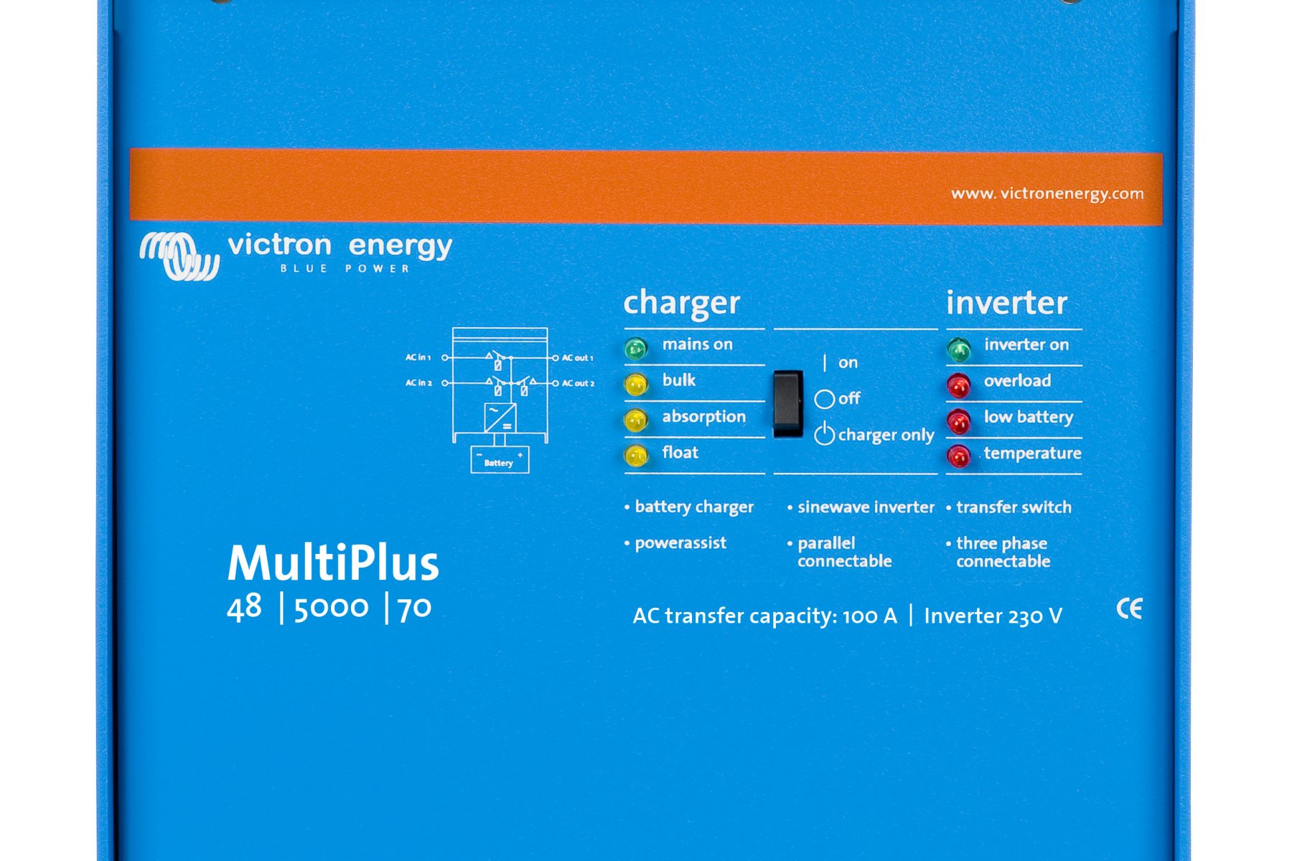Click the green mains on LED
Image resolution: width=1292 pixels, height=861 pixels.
pyautogui.click(x=636, y=349)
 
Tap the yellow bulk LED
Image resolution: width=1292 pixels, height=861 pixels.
pyautogui.click(x=636, y=385)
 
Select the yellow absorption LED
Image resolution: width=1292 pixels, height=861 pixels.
pyautogui.click(x=636, y=420)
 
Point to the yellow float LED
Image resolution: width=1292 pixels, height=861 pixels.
pyautogui.click(x=636, y=456)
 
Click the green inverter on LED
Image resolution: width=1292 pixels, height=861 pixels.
pyautogui.click(x=959, y=349)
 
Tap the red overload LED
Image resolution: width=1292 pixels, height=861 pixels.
pyautogui.click(x=959, y=385)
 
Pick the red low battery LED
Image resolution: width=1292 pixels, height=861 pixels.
pyautogui.click(x=959, y=421)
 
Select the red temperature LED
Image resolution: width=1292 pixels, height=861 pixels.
pyautogui.click(x=959, y=456)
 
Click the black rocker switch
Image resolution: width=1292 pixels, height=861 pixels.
pyautogui.click(x=788, y=403)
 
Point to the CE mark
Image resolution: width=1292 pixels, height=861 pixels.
pyautogui.click(x=1129, y=609)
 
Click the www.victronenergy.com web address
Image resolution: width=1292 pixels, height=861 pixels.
pyautogui.click(x=1047, y=194)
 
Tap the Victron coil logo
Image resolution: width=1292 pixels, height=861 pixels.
pyautogui.click(x=179, y=255)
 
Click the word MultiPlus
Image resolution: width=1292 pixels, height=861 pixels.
pyautogui.click(x=333, y=563)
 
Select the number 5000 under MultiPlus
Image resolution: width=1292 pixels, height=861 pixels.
pyautogui.click(x=331, y=608)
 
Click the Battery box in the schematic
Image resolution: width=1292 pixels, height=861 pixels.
pyautogui.click(x=500, y=460)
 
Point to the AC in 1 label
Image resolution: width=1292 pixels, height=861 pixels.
pyautogui.click(x=418, y=357)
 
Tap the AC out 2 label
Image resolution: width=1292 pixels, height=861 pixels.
pyautogui.click(x=578, y=383)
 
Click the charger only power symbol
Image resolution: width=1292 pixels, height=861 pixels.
pyautogui.click(x=824, y=433)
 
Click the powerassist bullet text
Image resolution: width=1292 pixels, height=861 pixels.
pyautogui.click(x=680, y=543)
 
